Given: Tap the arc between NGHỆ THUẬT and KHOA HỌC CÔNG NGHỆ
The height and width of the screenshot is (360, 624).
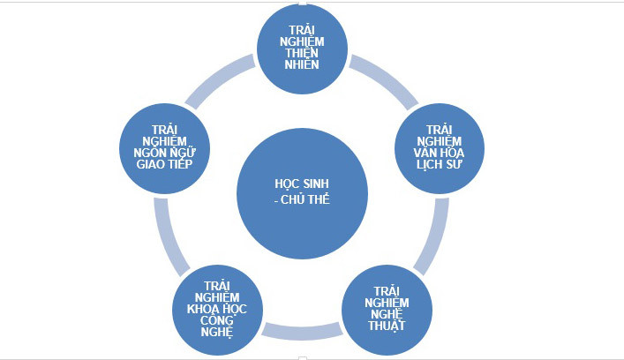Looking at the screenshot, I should pos(303,330).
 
